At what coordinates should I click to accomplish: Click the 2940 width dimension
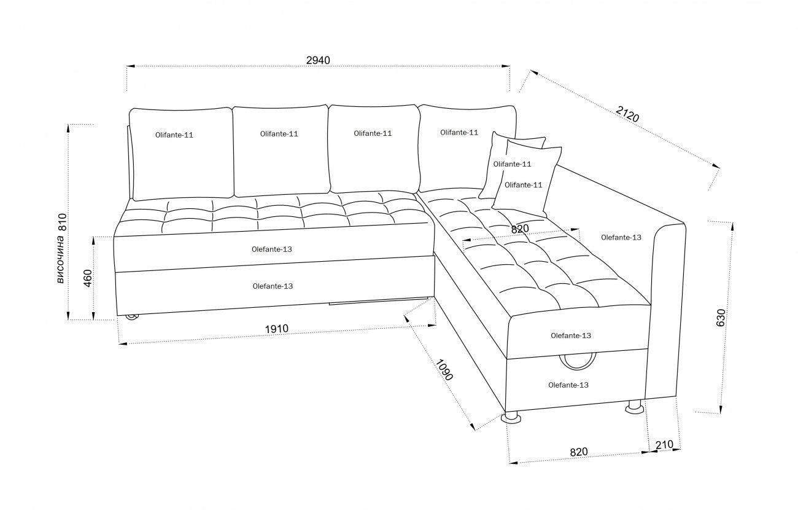click(x=318, y=60)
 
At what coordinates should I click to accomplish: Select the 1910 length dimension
click(x=276, y=329)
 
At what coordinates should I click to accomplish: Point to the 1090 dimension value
click(x=444, y=369)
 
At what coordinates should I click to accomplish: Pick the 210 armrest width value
click(x=665, y=444)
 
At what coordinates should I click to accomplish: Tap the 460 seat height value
click(x=87, y=278)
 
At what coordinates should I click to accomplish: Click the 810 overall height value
click(x=61, y=222)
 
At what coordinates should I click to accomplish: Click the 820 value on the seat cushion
click(x=520, y=229)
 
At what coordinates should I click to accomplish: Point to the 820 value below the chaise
click(x=578, y=452)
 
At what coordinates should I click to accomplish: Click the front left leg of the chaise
click(x=511, y=418)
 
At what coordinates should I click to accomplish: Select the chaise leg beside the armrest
click(x=633, y=407)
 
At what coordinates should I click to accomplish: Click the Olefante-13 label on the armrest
click(x=621, y=237)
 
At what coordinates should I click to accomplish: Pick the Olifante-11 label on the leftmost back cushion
click(x=174, y=135)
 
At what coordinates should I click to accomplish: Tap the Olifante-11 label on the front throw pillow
click(x=523, y=185)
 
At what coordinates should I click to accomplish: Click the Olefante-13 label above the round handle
click(x=571, y=335)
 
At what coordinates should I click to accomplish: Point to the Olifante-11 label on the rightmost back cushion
click(x=459, y=132)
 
